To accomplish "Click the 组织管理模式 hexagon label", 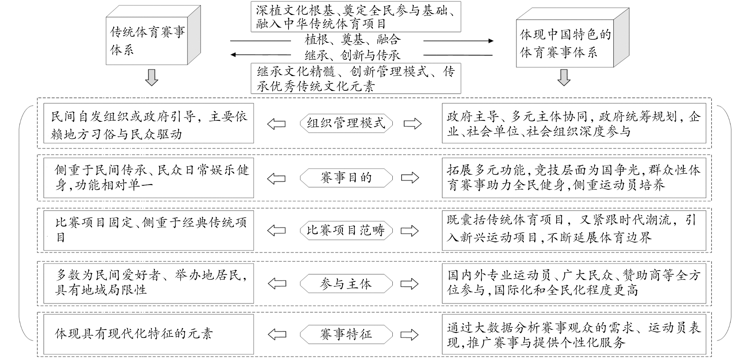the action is point(346,123).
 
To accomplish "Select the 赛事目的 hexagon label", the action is point(346,177).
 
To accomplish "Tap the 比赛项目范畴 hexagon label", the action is point(346,230).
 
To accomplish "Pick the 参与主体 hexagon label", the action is point(346,284).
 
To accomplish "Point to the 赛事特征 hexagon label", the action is point(346,334).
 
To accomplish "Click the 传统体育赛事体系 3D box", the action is point(153,35).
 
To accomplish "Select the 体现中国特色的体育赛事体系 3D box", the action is point(572,38).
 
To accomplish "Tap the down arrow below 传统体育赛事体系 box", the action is point(152,77).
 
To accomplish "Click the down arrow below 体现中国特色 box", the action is point(564,77).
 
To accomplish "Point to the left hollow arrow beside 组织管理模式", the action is point(276,124).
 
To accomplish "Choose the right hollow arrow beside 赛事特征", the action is point(409,335).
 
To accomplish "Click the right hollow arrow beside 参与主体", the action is point(409,284).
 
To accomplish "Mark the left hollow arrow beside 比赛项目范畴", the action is point(276,231).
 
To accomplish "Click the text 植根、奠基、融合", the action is point(352,39).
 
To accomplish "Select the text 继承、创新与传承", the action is point(352,55).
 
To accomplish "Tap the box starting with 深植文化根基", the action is point(356,16).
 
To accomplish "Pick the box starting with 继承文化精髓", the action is point(356,79).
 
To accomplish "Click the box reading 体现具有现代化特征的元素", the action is point(149,334).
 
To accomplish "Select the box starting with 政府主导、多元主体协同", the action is point(574,123).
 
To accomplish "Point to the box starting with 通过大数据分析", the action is point(574,334).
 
